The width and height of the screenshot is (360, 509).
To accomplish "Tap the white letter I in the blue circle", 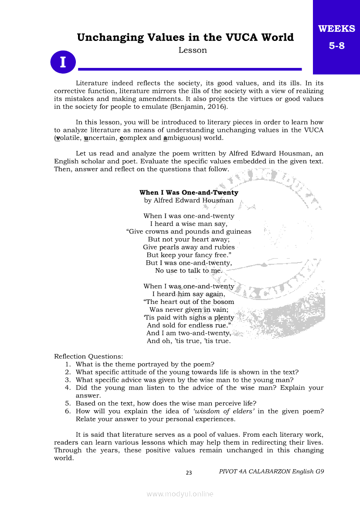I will pos(63,62).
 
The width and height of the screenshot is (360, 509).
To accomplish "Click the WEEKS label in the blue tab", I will pos(336,29).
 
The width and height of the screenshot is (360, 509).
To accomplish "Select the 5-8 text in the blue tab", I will pos(336,45).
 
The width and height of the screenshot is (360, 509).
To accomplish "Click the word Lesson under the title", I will pos(193,51).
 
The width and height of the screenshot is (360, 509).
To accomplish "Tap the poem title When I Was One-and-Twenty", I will pos(189,192).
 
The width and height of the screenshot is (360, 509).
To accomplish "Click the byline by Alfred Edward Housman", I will pos(189,201).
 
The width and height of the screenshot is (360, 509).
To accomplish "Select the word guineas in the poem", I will pos(238,232).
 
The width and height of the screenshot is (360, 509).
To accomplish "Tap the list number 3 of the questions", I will pos(68,380).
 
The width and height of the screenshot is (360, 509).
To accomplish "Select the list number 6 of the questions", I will pos(68,411).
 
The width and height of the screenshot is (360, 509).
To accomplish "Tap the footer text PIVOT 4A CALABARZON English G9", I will pos(272,472).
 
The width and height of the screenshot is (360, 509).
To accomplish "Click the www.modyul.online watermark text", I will pos(180,494).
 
